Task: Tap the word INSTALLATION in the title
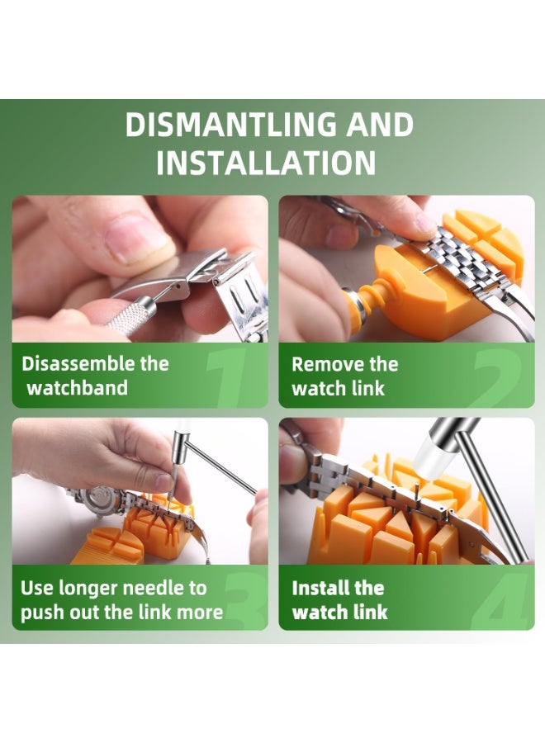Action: click(x=266, y=163)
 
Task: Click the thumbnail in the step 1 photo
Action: click(x=139, y=239)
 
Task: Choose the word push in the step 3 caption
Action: click(x=41, y=613)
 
